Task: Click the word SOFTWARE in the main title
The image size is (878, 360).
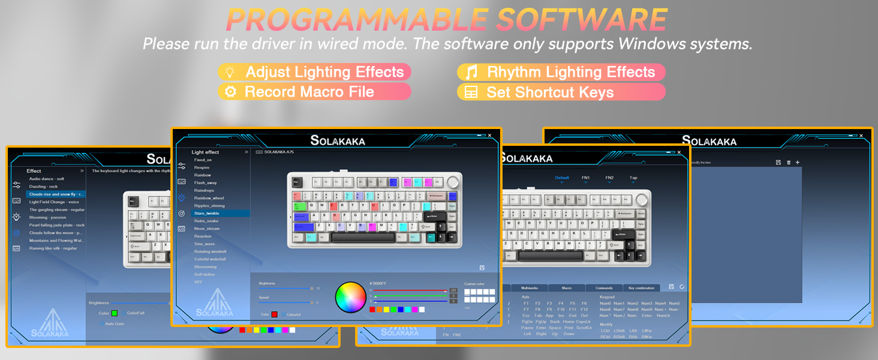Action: (582, 20)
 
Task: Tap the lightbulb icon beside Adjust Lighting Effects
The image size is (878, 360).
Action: (229, 72)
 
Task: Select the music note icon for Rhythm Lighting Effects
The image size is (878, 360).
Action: (472, 72)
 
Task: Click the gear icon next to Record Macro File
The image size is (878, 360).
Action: (229, 92)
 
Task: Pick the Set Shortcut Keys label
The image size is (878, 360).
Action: (550, 92)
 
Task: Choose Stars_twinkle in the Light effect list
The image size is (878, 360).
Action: (207, 213)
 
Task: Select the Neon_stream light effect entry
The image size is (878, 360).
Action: (207, 229)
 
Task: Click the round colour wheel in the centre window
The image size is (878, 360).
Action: (350, 297)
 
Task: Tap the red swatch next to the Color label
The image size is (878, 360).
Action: (275, 314)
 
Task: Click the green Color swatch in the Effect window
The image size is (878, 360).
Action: (115, 313)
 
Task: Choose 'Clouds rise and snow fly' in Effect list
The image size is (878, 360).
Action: (57, 194)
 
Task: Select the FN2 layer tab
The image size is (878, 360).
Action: (609, 178)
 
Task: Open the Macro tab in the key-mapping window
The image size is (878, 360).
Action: (566, 288)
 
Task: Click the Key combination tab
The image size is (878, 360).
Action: (641, 288)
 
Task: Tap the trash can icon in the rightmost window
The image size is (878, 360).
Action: (788, 163)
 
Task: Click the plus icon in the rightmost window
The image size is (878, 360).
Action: (797, 163)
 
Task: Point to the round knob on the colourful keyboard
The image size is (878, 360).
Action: (453, 181)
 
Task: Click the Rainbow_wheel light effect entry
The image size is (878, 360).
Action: (209, 198)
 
